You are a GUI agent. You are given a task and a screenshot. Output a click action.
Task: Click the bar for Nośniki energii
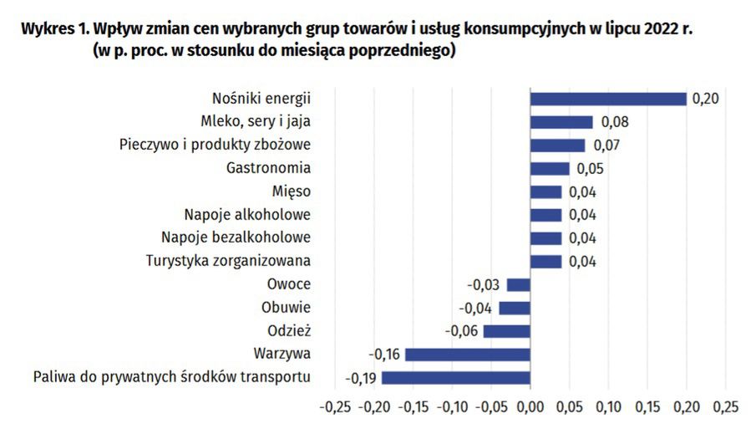pyautogui.click(x=608, y=99)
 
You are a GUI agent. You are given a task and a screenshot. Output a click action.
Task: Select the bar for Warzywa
pyautogui.click(x=468, y=355)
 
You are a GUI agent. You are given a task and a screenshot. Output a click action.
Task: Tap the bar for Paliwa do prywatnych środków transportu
pyautogui.click(x=456, y=377)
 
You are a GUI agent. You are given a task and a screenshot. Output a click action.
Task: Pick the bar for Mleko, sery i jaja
pyautogui.click(x=561, y=122)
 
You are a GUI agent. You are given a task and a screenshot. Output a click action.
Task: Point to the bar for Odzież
pyautogui.click(x=507, y=331)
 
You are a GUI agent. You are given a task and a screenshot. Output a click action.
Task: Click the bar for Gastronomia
pyautogui.click(x=550, y=169)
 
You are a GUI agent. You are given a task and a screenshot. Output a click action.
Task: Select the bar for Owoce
pyautogui.click(x=519, y=284)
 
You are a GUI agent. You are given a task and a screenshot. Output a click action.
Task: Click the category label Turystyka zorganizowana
pyautogui.click(x=228, y=261)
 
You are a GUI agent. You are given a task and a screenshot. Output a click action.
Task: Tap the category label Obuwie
pyautogui.click(x=287, y=307)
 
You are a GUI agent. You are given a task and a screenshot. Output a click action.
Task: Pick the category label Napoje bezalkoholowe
pyautogui.click(x=236, y=237)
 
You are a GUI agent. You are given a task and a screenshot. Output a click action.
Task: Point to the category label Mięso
pyautogui.click(x=292, y=191)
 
